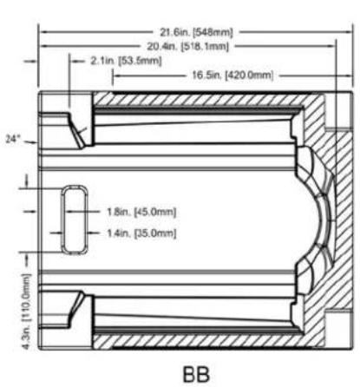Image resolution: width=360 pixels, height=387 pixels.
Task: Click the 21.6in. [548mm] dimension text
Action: tap(197, 32)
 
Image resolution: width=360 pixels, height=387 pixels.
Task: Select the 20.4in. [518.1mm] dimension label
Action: tap(188, 46)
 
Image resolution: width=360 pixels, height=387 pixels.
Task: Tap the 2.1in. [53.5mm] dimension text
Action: tap(126, 61)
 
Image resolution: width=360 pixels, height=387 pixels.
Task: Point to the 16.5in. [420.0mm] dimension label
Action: tap(232, 75)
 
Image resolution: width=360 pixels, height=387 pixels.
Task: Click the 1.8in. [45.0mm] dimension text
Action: tap(141, 212)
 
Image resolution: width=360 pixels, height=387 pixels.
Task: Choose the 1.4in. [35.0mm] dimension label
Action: tap(141, 233)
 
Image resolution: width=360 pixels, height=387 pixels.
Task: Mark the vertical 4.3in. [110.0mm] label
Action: tap(26, 312)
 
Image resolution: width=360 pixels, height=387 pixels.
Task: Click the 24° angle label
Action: tap(13, 139)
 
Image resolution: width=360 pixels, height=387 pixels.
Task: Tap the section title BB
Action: tap(196, 374)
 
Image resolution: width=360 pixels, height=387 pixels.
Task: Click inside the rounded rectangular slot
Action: tap(75, 220)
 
